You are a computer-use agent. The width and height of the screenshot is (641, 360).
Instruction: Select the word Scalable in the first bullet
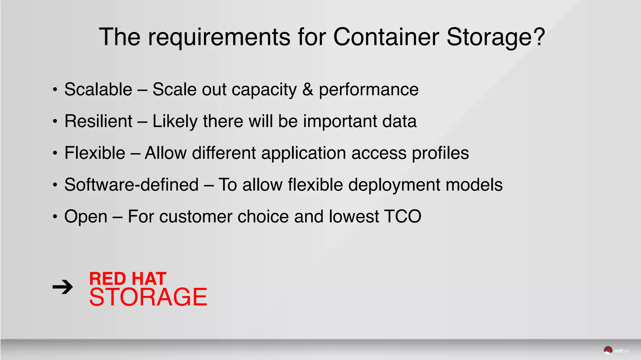click(x=98, y=90)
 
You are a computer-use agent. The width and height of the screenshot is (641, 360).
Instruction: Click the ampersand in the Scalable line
click(x=308, y=90)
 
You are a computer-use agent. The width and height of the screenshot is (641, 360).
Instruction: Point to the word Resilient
click(x=98, y=121)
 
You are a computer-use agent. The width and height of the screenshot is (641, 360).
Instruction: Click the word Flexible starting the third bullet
click(x=95, y=153)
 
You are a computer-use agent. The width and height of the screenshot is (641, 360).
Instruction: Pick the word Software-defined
click(x=131, y=185)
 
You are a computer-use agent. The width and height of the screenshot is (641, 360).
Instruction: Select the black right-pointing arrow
click(x=63, y=287)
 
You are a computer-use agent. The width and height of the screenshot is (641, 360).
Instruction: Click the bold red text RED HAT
click(x=128, y=279)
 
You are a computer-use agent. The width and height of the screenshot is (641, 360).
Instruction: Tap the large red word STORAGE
click(x=148, y=297)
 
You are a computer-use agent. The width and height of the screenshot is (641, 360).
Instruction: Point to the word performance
click(x=369, y=90)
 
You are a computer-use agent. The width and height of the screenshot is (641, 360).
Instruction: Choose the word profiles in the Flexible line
click(x=440, y=153)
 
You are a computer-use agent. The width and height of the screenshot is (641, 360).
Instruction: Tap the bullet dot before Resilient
click(x=55, y=121)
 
